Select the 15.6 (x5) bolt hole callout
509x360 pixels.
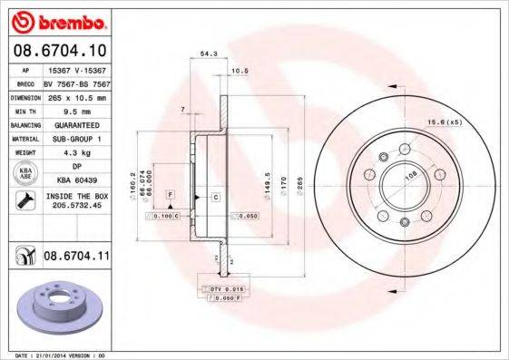[445, 122]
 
